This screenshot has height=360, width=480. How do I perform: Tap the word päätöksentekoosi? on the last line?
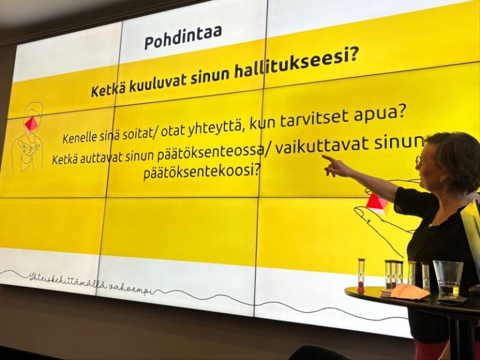coord(202,171)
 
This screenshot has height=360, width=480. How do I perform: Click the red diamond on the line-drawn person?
coord(31,124)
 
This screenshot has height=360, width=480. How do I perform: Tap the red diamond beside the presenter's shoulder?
coord(376,202)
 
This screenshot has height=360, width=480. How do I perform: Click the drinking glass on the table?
coord(447,277)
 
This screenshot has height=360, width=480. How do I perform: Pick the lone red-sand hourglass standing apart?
coord(361,275)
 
